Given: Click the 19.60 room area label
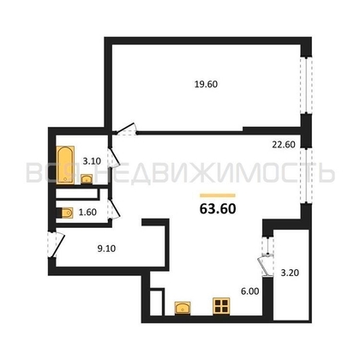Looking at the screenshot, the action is click(206, 85).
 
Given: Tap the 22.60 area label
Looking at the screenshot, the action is click(284, 145).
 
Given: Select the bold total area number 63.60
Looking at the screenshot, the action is click(218, 209).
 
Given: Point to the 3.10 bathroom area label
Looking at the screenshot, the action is click(92, 161).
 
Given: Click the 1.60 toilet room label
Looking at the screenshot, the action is click(87, 213).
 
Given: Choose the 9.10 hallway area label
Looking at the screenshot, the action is click(106, 249).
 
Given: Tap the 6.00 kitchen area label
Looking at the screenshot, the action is click(249, 291).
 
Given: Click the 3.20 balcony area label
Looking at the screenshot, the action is click(290, 273).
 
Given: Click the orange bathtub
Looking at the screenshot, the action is click(65, 165).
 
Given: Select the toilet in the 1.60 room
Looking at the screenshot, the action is click(65, 213).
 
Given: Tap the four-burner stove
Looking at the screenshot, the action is click(221, 306).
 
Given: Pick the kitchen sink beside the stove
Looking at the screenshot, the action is click(183, 308).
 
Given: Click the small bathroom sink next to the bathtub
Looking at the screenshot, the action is click(87, 179).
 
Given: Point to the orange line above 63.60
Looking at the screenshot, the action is click(218, 195).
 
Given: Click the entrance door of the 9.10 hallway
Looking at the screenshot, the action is click(57, 245).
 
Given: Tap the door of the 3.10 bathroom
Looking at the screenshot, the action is click(112, 158).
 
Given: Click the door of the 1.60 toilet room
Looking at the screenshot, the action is click(113, 209).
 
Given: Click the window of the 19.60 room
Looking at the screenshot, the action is click(306, 86).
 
